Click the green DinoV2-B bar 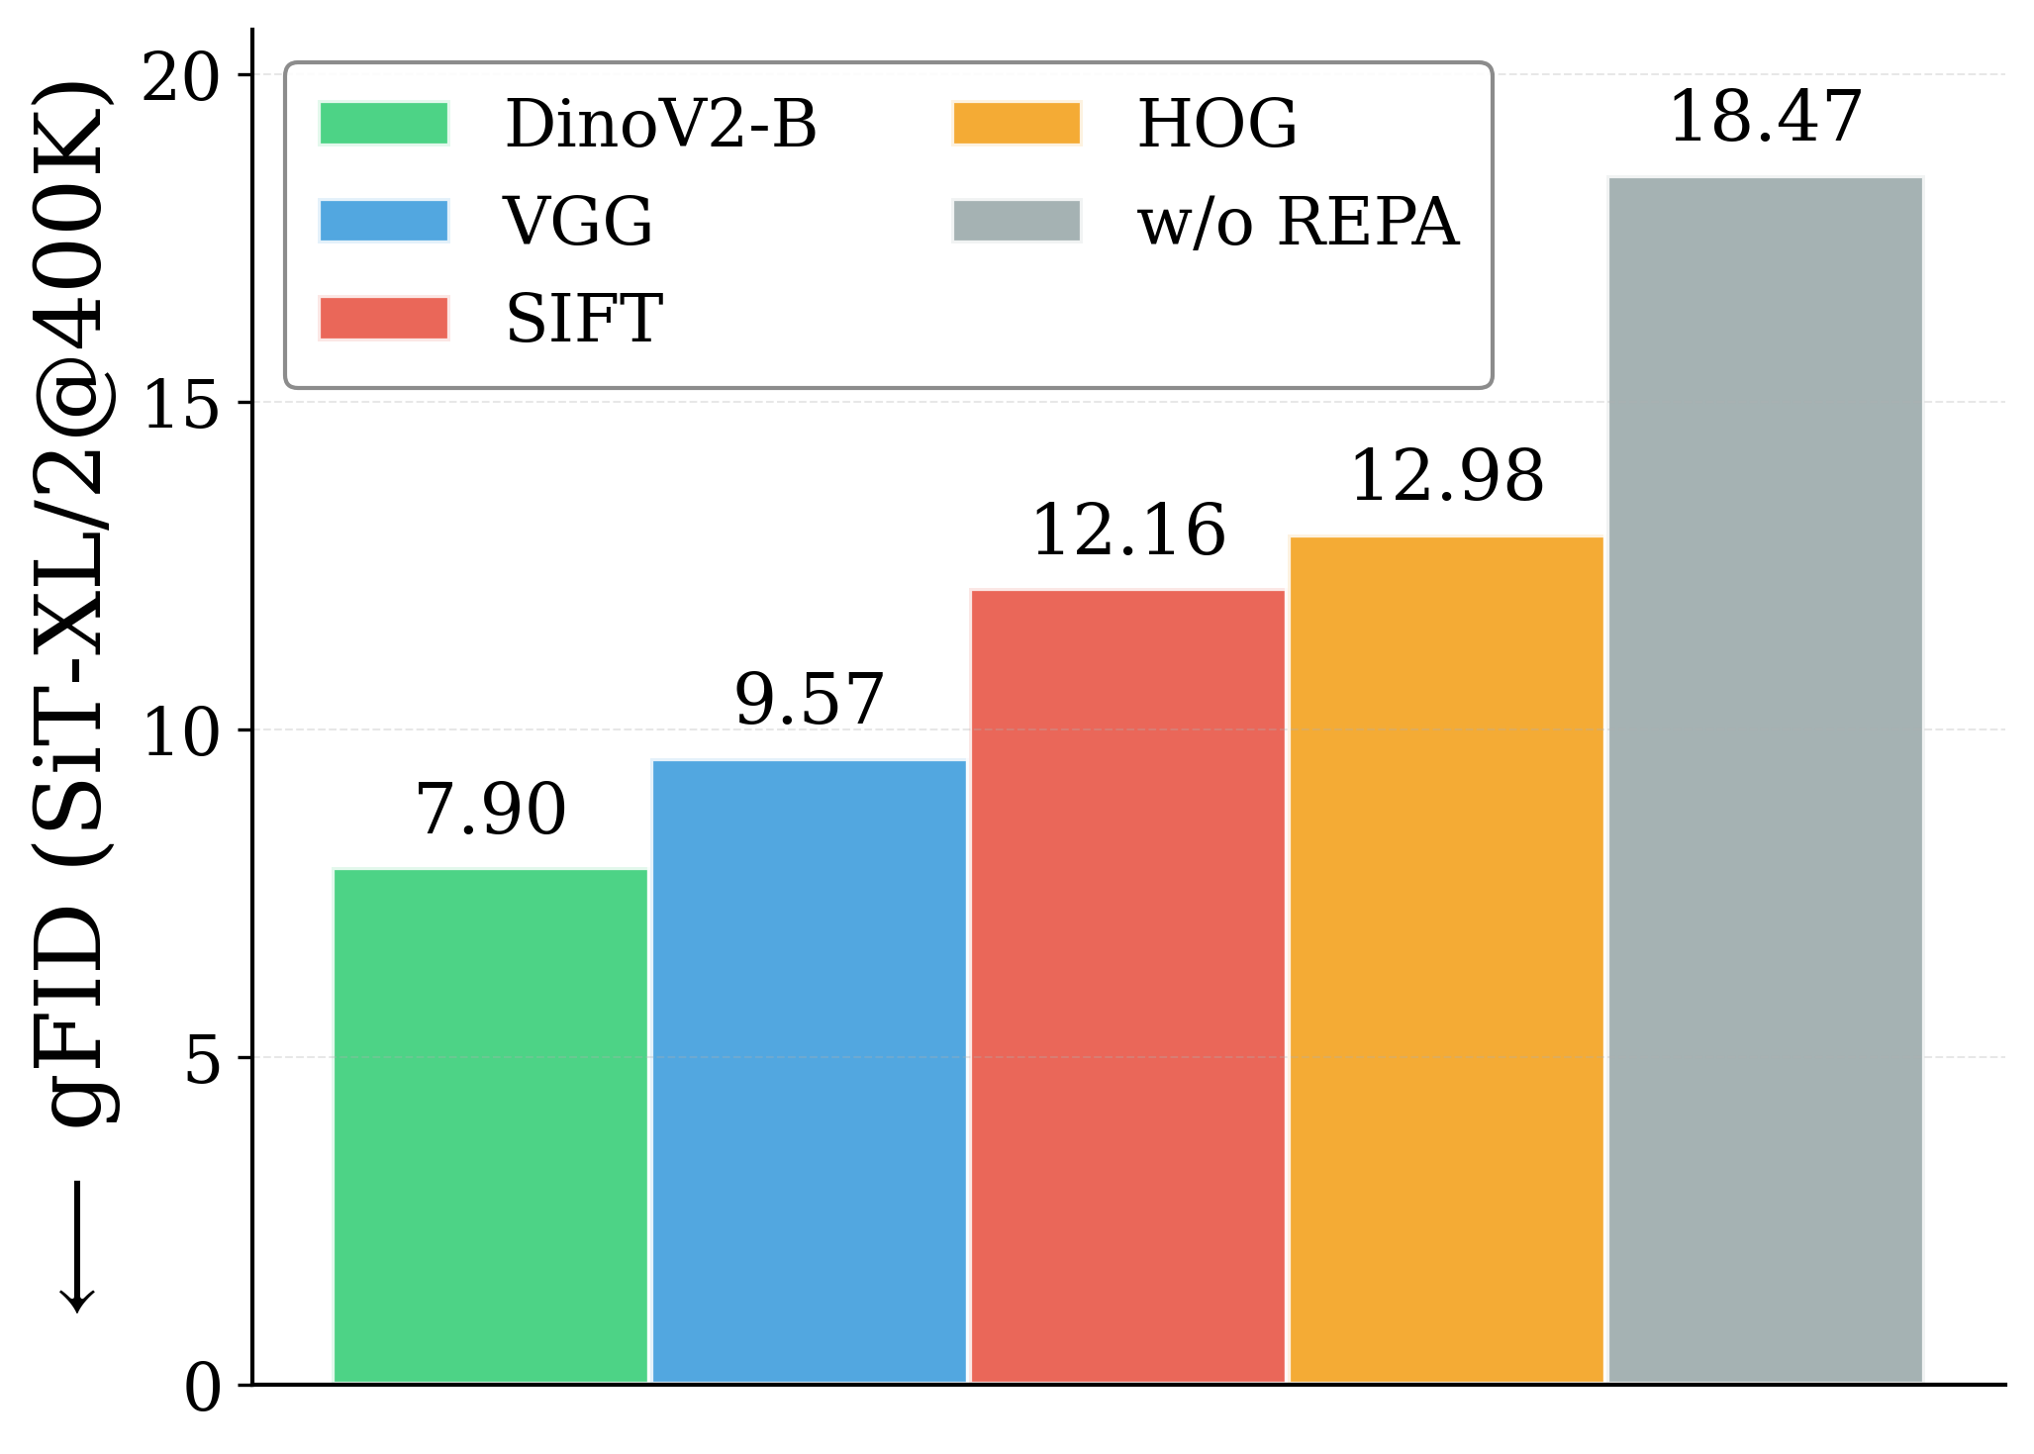point(491,1125)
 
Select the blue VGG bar point(809,1071)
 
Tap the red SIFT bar point(1127,986)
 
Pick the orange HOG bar point(1446,959)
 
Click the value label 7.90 point(491,810)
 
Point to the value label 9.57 point(809,700)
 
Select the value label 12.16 point(1128,531)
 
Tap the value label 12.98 point(1446,476)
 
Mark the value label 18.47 point(1765,117)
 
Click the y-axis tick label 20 point(180,76)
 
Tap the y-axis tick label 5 point(202,1060)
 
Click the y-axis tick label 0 point(202,1388)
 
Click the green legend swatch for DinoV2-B point(384,124)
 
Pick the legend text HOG point(1216,124)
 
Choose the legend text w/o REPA point(1298,221)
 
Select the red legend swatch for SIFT point(384,318)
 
